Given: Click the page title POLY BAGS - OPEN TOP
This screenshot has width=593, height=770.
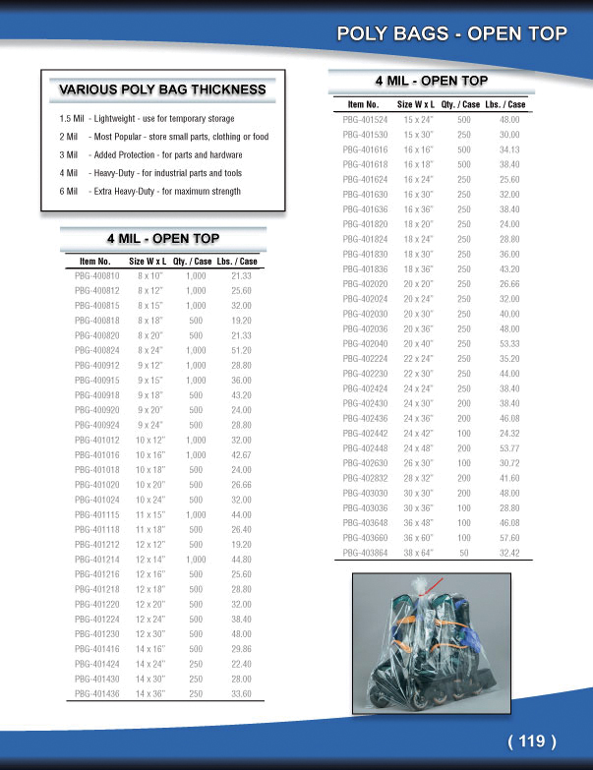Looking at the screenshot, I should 451,34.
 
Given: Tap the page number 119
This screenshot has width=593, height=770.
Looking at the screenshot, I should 532,741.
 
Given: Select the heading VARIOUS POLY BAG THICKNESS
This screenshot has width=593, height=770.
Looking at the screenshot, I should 162,89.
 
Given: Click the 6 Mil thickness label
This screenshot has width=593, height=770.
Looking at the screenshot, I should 68,191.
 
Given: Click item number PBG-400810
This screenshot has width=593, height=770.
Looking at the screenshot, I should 95,276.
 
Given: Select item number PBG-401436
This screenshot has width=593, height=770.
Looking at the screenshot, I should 95,693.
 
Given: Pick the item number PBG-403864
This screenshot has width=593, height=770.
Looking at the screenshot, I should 364,553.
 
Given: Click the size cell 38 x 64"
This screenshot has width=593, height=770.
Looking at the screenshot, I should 419,553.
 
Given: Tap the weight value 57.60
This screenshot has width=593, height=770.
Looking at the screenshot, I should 508,538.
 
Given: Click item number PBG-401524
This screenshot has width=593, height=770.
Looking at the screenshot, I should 364,119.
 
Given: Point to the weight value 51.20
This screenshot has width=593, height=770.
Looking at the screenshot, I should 241,350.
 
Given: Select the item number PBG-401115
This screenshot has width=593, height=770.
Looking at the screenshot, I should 95,514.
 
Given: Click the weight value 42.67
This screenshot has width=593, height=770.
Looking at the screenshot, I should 241,454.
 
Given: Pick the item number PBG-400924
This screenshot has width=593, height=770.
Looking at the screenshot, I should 95,425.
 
